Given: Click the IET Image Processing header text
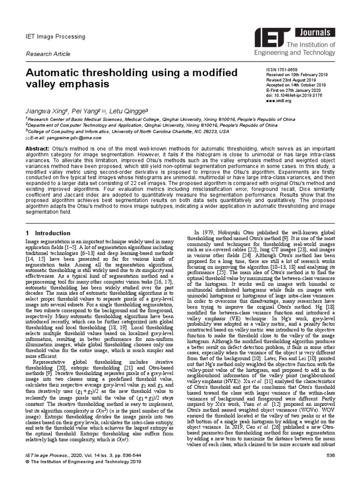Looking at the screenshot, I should [x=55, y=37].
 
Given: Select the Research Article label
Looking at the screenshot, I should [x=47, y=54].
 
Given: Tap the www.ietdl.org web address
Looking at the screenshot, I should [x=281, y=101].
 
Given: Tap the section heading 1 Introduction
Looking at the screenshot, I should [x=41, y=233].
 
